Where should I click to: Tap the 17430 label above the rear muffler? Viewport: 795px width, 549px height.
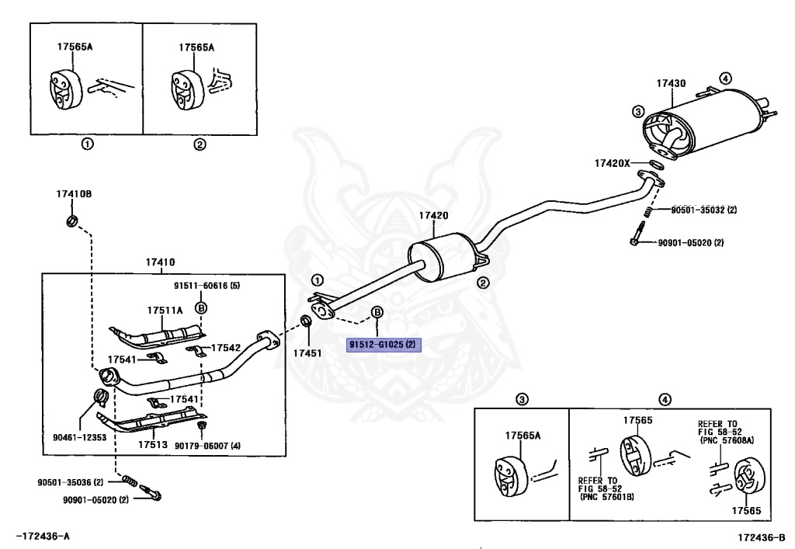pyautogui.click(x=671, y=83)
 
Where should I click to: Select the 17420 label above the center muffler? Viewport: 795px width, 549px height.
pyautogui.click(x=433, y=215)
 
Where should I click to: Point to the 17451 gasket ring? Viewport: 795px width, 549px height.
pyautogui.click(x=307, y=321)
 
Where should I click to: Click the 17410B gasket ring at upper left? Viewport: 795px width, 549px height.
pyautogui.click(x=72, y=221)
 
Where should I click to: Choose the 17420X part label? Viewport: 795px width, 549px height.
pyautogui.click(x=613, y=163)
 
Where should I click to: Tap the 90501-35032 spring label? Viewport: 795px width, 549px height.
pyautogui.click(x=696, y=210)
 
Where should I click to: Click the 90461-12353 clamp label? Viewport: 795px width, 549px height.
pyautogui.click(x=80, y=437)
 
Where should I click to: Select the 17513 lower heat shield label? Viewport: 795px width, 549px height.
pyautogui.click(x=153, y=445)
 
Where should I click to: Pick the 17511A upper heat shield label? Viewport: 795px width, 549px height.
pyautogui.click(x=165, y=311)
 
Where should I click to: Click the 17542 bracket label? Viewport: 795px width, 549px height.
pyautogui.click(x=226, y=348)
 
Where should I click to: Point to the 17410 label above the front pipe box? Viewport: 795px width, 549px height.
pyautogui.click(x=160, y=262)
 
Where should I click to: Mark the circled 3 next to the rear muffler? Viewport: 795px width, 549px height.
pyautogui.click(x=638, y=112)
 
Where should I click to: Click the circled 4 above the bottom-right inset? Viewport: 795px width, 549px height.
pyautogui.click(x=665, y=399)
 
